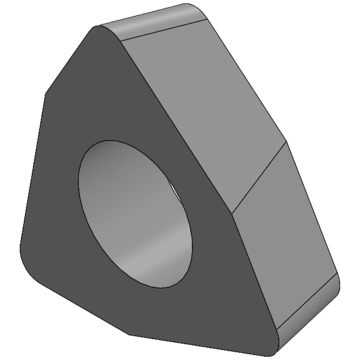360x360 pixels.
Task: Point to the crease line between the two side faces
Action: (259, 178)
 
